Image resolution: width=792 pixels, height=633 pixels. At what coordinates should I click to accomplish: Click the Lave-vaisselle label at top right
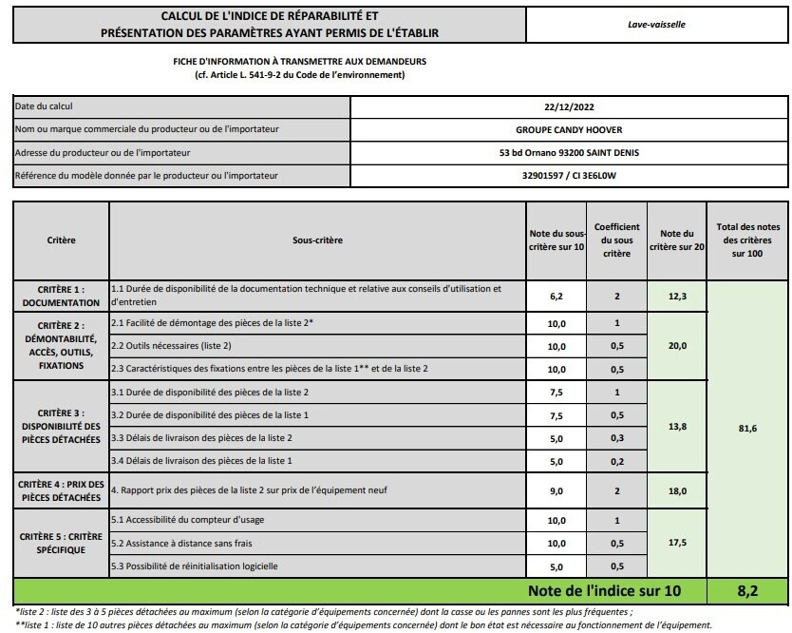coord(656,25)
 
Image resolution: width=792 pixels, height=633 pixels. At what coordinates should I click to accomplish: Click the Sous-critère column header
coord(318,240)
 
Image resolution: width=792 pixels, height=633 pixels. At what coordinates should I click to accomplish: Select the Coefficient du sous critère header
coord(616,240)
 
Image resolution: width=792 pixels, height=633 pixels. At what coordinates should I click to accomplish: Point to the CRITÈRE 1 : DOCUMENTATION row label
coord(62,296)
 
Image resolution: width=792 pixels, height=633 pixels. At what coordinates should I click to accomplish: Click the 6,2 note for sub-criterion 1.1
coord(557,297)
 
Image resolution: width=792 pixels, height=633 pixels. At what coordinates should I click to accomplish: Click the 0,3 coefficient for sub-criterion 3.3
coord(616,437)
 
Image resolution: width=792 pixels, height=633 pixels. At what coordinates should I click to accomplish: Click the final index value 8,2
coord(747,591)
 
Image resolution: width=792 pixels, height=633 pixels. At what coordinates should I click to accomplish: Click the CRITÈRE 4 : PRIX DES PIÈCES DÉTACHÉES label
coord(62,490)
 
